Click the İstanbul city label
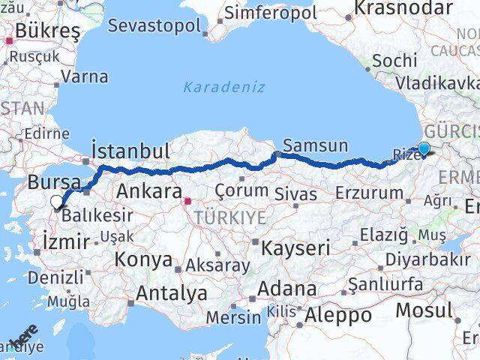tap(130, 150)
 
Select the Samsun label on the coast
tap(315, 145)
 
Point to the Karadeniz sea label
tap(224, 87)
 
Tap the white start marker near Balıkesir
tap(57, 201)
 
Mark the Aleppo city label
tap(337, 315)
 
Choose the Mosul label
tap(424, 310)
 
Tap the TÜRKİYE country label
tap(231, 217)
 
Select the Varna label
tap(84, 76)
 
